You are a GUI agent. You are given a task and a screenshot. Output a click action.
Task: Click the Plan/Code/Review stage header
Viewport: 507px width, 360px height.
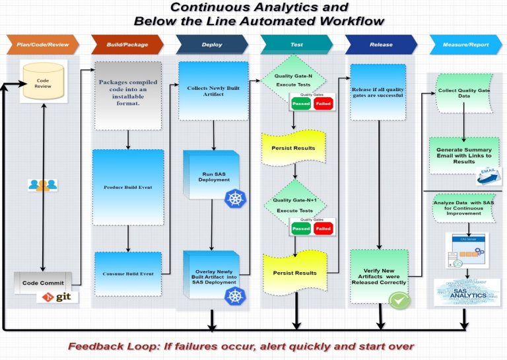[x=42, y=45]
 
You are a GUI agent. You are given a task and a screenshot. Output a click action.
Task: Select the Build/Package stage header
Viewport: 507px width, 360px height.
[x=127, y=45]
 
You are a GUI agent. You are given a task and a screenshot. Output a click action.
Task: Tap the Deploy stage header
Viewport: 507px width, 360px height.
[x=212, y=45]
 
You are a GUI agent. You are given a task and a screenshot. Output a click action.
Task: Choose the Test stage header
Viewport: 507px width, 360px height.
[x=296, y=45]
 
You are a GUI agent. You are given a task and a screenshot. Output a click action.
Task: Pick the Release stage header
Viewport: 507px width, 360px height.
[x=381, y=45]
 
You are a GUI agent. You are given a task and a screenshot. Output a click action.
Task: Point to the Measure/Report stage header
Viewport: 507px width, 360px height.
[x=465, y=45]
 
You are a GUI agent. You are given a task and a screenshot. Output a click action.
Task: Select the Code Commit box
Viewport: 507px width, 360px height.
[x=43, y=283]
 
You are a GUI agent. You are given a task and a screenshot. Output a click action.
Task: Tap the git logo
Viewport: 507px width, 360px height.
[x=58, y=297]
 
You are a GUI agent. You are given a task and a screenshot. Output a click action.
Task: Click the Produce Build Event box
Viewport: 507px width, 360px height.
[x=127, y=187]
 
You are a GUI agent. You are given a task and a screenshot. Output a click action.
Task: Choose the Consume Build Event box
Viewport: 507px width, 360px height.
[x=127, y=273]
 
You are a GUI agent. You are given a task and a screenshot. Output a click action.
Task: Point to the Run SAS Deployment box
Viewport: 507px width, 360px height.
[x=213, y=175]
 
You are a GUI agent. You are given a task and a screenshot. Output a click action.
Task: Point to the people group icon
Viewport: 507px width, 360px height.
[x=42, y=185]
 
